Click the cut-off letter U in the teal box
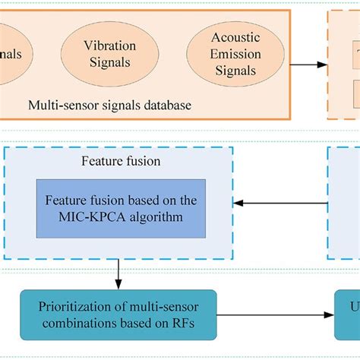click(x=352, y=314)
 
